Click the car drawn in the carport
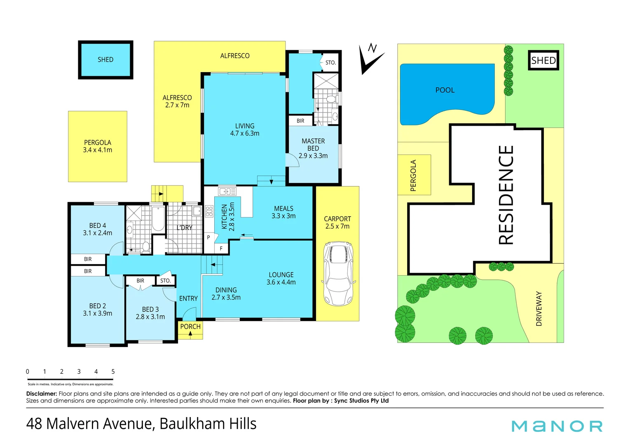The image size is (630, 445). point(339,274)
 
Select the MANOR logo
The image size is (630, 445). point(557,426)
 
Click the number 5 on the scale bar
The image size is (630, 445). point(113,372)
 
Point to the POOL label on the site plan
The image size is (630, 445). point(445,90)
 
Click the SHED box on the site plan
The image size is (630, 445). point(543,61)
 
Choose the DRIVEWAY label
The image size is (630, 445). point(539,309)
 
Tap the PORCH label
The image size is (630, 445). point(190,327)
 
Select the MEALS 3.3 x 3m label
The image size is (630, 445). point(283,212)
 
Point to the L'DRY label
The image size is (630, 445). point(184,227)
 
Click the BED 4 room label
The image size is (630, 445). point(98,229)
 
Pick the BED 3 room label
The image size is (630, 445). point(150,313)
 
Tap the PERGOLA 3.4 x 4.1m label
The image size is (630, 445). point(98,146)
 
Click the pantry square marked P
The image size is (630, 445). point(208,238)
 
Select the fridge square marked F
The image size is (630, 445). point(221,248)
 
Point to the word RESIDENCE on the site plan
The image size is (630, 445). point(506,195)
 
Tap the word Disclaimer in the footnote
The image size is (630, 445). point(41,394)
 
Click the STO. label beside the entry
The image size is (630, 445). point(166,281)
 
